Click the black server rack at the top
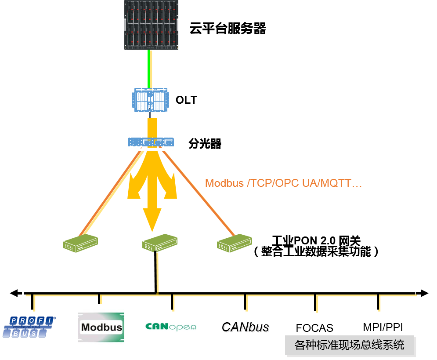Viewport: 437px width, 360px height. [x=151, y=25]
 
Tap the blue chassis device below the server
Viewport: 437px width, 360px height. [x=151, y=100]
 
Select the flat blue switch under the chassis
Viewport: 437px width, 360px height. [x=151, y=142]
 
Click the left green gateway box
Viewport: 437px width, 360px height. [x=80, y=243]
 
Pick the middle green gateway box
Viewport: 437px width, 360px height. [x=160, y=243]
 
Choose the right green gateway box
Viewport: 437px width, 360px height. [x=235, y=243]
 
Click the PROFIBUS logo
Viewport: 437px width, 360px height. [x=30, y=327]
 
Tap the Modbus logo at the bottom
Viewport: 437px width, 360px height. [x=101, y=327]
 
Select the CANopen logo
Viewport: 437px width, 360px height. [x=172, y=327]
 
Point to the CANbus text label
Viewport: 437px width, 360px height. [x=246, y=327]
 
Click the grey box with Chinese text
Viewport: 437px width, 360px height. [x=350, y=345]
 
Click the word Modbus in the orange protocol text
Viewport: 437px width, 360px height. [x=224, y=183]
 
